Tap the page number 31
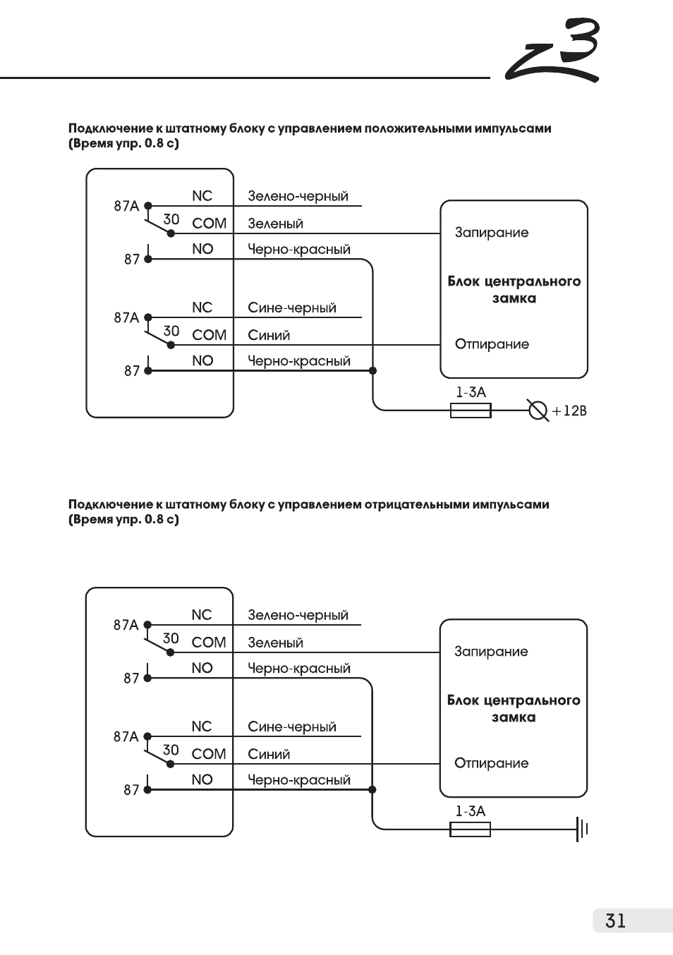(x=615, y=920)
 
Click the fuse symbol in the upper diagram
(x=471, y=410)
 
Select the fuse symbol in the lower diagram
(x=470, y=829)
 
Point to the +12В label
(x=569, y=410)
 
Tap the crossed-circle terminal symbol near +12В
(x=538, y=410)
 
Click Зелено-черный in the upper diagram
(x=298, y=196)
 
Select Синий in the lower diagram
(x=269, y=754)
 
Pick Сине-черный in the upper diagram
(x=292, y=308)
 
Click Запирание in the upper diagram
(x=491, y=233)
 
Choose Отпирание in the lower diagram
(x=491, y=763)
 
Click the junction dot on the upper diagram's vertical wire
(x=372, y=370)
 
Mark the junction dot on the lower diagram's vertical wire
(x=372, y=789)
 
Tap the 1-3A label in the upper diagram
(x=471, y=392)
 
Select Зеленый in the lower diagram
(x=275, y=643)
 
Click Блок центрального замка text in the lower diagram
(x=514, y=709)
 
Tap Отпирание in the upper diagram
(x=492, y=344)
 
